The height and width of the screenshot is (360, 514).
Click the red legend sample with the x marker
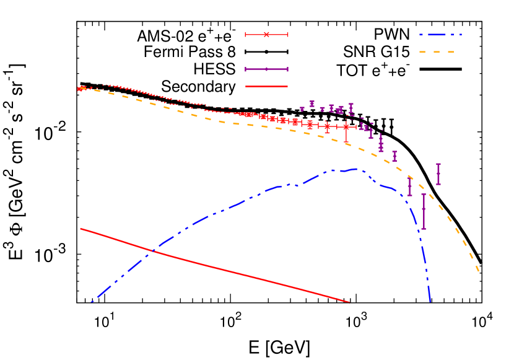point(267,35)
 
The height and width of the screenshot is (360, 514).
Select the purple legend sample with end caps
point(267,69)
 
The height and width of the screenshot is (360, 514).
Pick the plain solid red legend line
point(267,87)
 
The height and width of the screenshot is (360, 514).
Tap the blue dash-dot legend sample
point(440,35)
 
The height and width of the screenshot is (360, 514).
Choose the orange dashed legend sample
point(437,52)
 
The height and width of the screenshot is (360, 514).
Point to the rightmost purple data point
point(438,174)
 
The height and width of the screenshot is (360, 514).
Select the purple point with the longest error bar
point(424,211)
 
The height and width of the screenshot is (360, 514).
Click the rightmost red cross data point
point(346,127)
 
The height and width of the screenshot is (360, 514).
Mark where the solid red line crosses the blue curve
point(152,250)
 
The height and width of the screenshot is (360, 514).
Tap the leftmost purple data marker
point(302,108)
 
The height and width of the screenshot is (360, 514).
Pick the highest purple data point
point(312,103)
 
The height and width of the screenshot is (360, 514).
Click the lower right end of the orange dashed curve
point(479,271)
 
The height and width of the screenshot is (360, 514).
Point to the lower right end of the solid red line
point(349,302)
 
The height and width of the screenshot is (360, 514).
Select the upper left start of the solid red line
point(81,229)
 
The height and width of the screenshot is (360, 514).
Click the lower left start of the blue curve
point(92,302)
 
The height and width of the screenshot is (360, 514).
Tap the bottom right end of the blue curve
point(430,302)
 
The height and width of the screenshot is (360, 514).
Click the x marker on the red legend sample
point(267,35)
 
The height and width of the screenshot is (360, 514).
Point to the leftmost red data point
point(80,89)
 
